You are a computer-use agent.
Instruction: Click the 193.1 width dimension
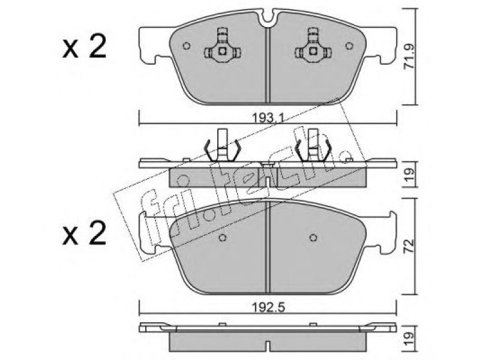tap(268, 117)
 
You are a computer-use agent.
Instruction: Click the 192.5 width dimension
tap(268, 307)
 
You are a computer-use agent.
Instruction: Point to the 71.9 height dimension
tap(410, 56)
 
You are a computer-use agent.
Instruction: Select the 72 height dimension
tap(410, 246)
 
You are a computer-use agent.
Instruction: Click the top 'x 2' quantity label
tap(84, 47)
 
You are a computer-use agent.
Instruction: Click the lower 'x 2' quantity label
tap(84, 233)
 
